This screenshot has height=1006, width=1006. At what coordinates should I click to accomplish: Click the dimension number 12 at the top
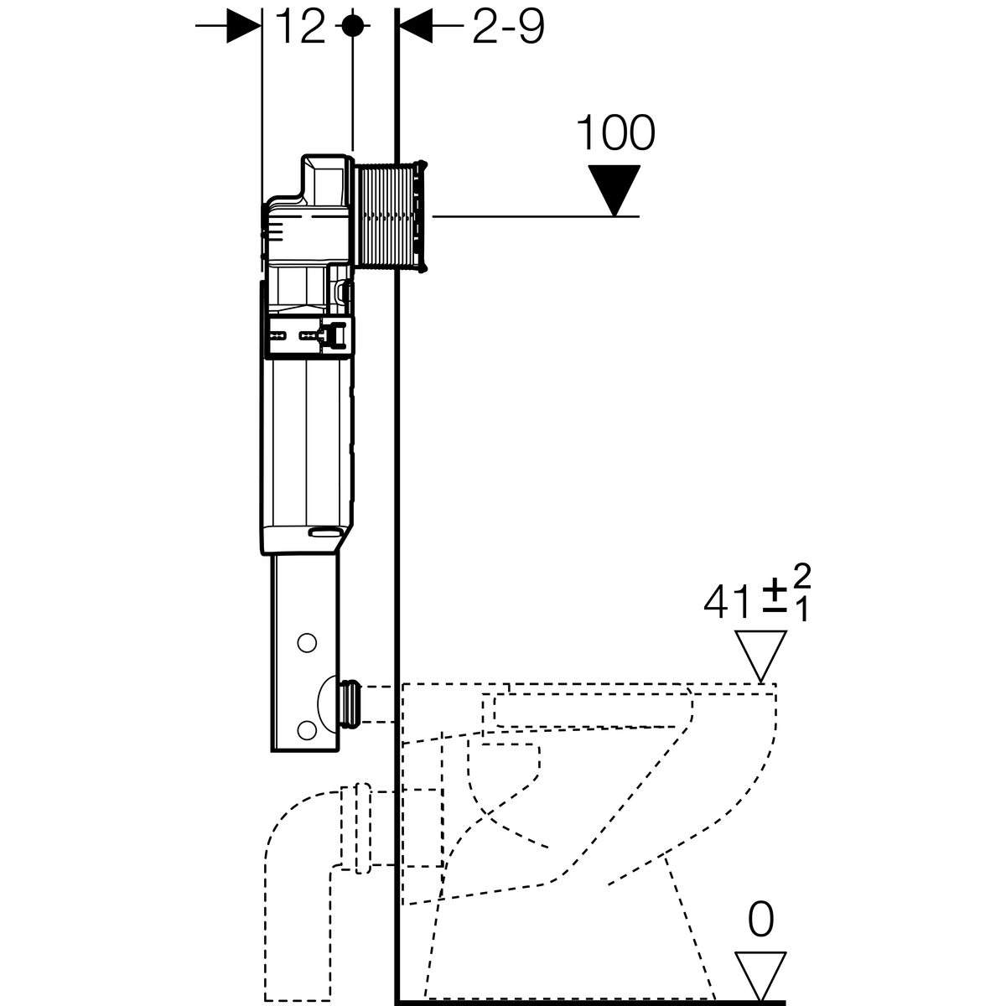pyautogui.click(x=300, y=28)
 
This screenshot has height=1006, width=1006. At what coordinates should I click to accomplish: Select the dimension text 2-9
pyautogui.click(x=508, y=28)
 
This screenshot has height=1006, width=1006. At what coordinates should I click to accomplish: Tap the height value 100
pyautogui.click(x=616, y=133)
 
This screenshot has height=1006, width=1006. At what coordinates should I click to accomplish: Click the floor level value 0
pyautogui.click(x=760, y=920)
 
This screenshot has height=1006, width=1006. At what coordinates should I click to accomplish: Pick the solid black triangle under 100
pyautogui.click(x=614, y=188)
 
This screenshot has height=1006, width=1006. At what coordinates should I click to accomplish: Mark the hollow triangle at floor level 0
pyautogui.click(x=760, y=973)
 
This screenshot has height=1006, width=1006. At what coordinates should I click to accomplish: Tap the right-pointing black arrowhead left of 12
pyautogui.click(x=244, y=27)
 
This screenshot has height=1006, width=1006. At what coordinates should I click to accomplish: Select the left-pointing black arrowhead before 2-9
pyautogui.click(x=415, y=27)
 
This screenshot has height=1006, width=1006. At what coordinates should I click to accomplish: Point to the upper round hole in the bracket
pyautogui.click(x=307, y=644)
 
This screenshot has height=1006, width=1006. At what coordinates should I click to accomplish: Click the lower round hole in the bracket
pyautogui.click(x=307, y=729)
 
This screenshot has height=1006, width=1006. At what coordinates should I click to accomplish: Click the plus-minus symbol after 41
pyautogui.click(x=772, y=602)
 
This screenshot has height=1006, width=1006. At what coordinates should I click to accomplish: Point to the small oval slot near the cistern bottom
pyautogui.click(x=325, y=531)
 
